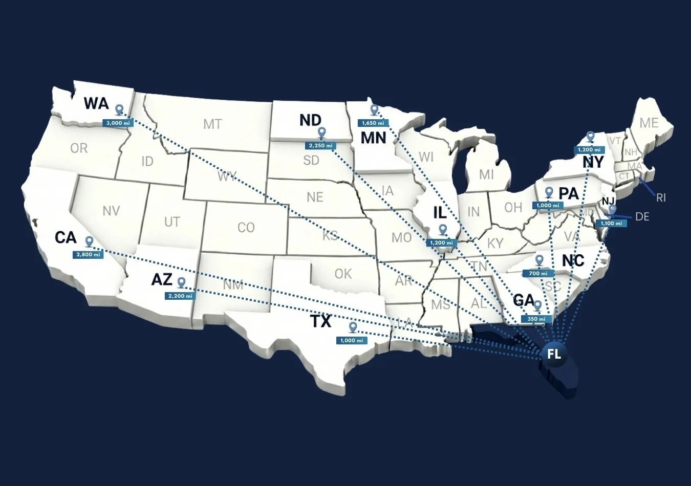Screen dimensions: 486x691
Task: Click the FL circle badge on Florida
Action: (554, 354)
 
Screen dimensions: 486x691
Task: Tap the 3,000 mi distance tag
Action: (118, 123)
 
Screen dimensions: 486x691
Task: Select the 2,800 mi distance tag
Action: (89, 254)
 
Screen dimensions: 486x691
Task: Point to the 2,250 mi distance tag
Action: (321, 146)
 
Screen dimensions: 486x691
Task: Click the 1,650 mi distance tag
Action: (373, 123)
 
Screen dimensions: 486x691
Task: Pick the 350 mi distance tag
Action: (537, 319)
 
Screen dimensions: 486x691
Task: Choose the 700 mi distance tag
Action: (538, 273)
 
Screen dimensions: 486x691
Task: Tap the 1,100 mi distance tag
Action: (611, 223)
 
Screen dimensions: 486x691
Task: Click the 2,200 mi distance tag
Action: (180, 296)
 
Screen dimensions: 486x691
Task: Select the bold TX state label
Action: (321, 321)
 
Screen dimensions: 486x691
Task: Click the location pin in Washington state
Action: (119, 109)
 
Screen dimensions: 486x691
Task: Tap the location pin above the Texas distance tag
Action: (352, 327)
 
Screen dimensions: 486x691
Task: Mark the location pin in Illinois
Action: (443, 229)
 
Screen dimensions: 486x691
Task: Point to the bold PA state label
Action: (568, 193)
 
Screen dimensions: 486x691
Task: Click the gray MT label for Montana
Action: (212, 124)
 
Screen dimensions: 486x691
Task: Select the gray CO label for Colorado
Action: (246, 227)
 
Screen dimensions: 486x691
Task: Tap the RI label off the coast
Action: (661, 197)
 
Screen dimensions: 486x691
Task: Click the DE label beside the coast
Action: (642, 216)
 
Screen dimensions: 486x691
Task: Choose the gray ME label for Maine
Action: (649, 123)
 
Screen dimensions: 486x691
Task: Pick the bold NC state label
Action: (573, 260)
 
